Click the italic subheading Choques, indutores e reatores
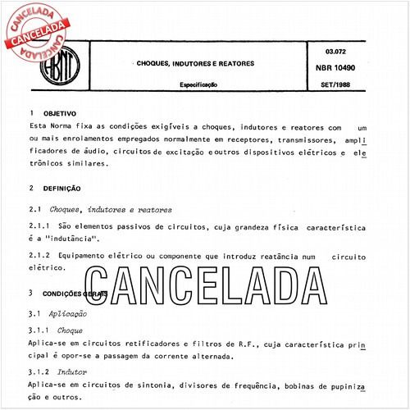(x=111, y=210)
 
